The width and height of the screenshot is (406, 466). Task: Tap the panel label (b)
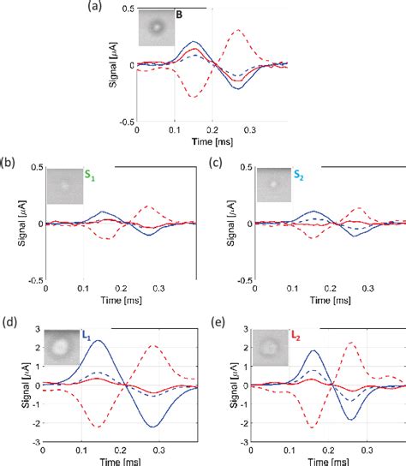[8, 160]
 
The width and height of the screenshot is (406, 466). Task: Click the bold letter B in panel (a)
[178, 15]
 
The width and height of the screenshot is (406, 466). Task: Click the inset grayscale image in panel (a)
[155, 28]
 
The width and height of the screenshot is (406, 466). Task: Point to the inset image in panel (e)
[273, 346]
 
